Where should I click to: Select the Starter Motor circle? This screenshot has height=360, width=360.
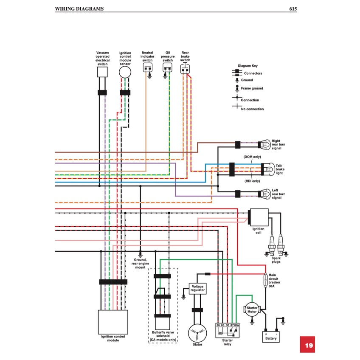(252, 310)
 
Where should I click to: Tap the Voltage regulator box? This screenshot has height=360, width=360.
(198, 288)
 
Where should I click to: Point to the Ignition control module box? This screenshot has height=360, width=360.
(113, 322)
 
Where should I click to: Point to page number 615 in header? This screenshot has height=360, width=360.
(292, 8)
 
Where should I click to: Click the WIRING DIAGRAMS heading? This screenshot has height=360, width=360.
(79, 8)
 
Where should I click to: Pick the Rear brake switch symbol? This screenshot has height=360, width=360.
(185, 68)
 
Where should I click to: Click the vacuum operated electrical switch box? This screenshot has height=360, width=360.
(102, 72)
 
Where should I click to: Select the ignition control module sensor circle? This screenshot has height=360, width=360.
(125, 72)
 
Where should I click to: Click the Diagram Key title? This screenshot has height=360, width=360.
(247, 66)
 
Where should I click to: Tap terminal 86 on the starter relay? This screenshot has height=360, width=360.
(218, 325)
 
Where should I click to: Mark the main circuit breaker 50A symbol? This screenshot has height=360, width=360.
(266, 280)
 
